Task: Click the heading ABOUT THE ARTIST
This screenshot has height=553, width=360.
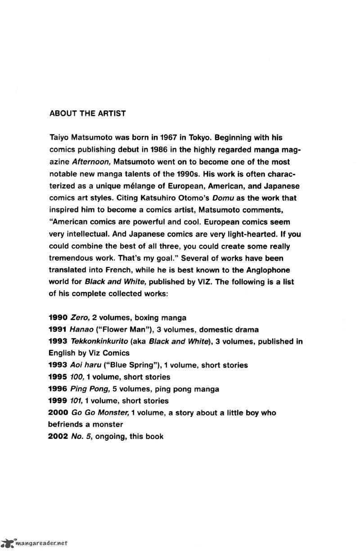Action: click(87, 113)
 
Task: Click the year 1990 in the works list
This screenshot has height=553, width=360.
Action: click(58, 318)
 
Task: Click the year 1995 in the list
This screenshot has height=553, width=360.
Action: click(58, 377)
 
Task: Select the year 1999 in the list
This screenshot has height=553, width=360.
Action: click(58, 400)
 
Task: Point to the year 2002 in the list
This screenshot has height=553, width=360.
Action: click(58, 436)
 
